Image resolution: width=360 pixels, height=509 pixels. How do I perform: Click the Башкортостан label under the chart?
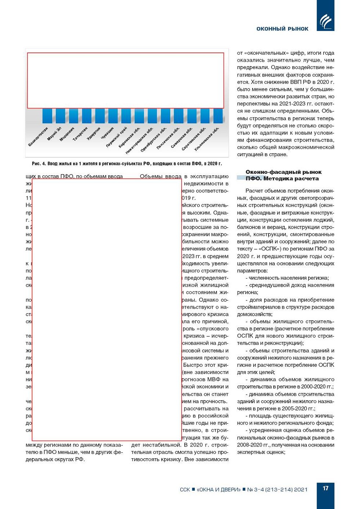click(x=38, y=137)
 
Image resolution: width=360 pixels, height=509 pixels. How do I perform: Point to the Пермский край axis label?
click(x=116, y=137)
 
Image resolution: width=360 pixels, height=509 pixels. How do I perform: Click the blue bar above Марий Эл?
click(x=60, y=116)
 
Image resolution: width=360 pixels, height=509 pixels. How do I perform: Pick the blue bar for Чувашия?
click(x=113, y=116)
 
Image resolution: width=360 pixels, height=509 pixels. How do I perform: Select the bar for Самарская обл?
click(x=192, y=116)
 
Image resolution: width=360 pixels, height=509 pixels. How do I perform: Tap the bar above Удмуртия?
click(x=100, y=116)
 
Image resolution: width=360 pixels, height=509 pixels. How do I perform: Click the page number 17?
click(x=325, y=488)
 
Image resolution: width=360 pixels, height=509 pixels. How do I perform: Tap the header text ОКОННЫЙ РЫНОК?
click(x=282, y=29)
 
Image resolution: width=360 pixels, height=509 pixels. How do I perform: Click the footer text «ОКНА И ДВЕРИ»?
click(x=219, y=490)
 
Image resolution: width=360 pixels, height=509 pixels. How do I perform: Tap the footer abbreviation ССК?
click(x=185, y=490)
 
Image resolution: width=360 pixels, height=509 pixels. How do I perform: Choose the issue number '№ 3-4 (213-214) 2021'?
click(x=277, y=490)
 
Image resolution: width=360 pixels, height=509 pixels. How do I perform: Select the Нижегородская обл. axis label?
click(x=139, y=141)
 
